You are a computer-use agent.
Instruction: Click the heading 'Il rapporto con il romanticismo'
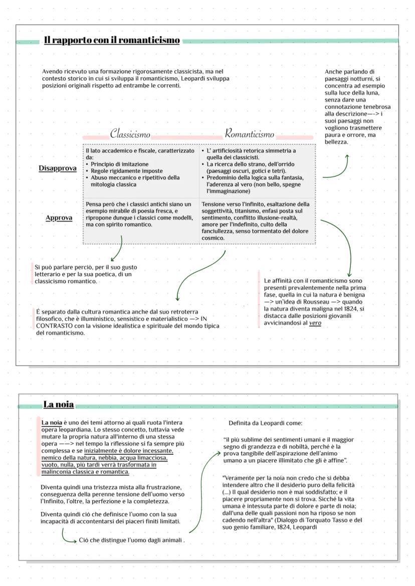point(111,40)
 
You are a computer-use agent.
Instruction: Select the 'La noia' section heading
point(58,404)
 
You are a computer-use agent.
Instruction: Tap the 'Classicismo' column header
point(130,134)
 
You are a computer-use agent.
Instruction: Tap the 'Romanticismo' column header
point(249,134)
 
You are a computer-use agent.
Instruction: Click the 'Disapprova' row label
point(57,168)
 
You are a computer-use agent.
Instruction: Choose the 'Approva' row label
point(59,218)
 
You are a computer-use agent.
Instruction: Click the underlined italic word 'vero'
point(315,323)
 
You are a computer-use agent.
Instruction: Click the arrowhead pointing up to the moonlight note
point(347,156)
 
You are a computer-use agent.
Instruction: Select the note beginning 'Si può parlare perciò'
point(85,274)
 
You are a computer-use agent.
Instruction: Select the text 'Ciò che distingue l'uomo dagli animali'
point(132,540)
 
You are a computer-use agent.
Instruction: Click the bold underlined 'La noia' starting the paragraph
point(52,423)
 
